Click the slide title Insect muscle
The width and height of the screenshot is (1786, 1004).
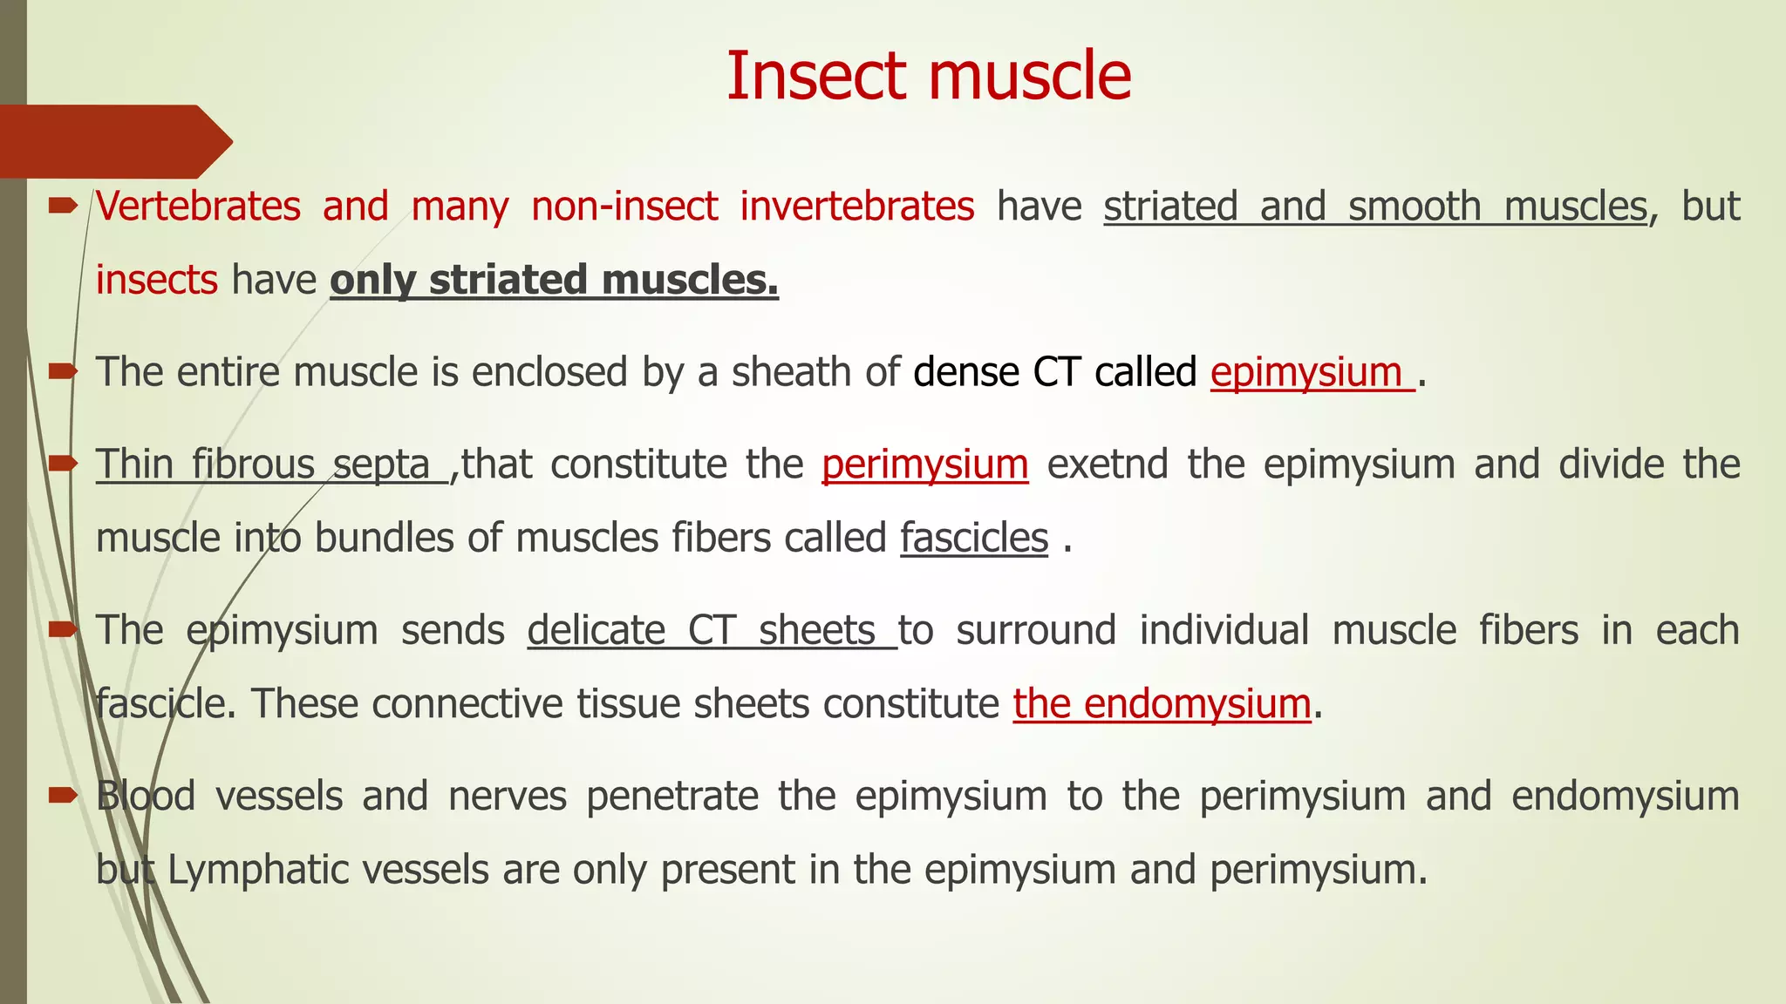(929, 77)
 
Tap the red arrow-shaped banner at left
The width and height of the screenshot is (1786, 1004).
(113, 141)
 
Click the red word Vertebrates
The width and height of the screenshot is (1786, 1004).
(198, 207)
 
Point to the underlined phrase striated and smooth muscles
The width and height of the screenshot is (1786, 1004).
(1375, 207)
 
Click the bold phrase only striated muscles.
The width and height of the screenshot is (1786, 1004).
(554, 281)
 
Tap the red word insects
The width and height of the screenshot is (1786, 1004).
(156, 281)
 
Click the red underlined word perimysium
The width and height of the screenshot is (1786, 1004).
(924, 465)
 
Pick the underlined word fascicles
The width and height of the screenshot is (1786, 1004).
(974, 538)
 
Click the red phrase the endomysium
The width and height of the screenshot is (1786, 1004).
(1162, 704)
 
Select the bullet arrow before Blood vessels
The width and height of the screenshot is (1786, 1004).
(62, 793)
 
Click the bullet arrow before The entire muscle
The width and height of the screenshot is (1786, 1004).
(62, 371)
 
